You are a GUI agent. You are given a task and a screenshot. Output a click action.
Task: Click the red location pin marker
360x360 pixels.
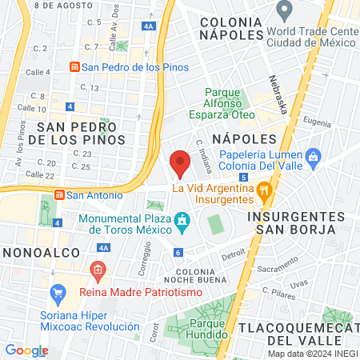tap(180, 163)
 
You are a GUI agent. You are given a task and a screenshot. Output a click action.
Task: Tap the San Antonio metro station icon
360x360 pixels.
tap(59, 194)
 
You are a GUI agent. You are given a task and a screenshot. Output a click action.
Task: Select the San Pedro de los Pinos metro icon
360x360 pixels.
tap(74, 67)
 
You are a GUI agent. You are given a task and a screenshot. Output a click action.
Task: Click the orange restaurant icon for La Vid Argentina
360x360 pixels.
tap(264, 190)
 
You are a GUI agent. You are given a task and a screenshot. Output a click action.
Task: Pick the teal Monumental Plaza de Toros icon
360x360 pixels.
tap(182, 219)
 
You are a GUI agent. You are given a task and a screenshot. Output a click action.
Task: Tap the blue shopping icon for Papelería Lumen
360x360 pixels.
tap(313, 155)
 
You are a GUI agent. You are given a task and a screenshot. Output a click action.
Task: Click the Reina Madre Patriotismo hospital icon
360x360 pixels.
tap(98, 271)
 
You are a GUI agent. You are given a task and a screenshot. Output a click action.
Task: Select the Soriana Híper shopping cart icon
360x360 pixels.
tap(58, 294)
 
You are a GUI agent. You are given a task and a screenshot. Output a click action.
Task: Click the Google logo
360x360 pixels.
tap(26, 350)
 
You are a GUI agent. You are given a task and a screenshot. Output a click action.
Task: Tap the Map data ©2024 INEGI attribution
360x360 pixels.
tap(313, 354)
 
